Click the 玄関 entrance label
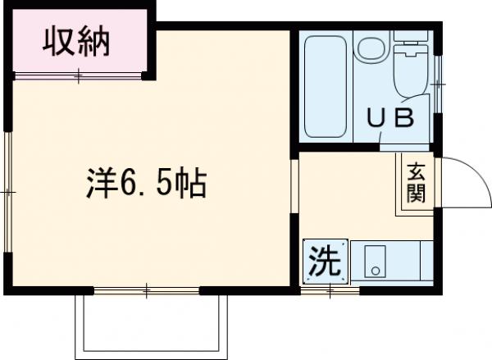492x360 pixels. pos(417,184)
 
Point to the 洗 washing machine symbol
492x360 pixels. pos(324,262)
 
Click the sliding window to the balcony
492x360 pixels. pos(148,289)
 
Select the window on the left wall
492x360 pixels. pos(7,190)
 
